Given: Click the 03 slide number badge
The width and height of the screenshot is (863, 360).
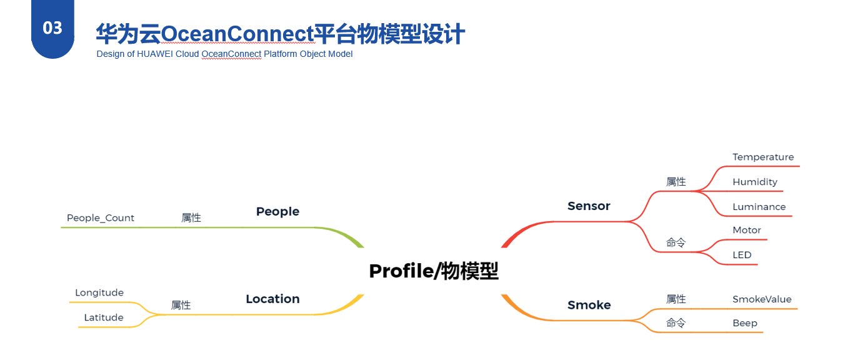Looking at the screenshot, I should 52,28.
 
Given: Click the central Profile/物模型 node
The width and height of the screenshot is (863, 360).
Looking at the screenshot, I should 434,271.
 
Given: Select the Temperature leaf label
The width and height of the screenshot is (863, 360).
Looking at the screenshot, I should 763,157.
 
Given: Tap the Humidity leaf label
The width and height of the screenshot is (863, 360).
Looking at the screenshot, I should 755,182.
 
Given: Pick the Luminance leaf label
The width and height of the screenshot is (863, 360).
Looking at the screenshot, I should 759,207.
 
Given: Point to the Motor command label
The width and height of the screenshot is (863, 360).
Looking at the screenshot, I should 747,230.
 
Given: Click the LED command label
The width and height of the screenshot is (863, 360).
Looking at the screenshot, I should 742,255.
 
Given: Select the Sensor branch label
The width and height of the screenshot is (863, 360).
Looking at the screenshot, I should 589,206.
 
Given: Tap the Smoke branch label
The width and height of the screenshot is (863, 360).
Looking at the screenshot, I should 589,305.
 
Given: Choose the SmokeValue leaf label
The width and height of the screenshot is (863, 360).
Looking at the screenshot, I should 762,299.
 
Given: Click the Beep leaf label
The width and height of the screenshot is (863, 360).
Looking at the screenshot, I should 745,323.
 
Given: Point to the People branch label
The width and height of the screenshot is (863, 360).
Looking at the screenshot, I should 277,211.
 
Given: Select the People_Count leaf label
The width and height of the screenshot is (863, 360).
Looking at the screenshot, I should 101,218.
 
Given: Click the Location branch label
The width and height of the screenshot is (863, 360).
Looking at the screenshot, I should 272,299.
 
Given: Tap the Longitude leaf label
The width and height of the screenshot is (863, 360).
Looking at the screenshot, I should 99,292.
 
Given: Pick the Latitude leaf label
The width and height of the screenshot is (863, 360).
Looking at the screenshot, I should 104,317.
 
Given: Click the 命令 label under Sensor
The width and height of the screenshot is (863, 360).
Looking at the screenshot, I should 676,242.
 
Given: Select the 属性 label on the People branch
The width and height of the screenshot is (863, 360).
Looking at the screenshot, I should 191,218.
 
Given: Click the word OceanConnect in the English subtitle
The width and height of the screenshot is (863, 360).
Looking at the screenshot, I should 231,54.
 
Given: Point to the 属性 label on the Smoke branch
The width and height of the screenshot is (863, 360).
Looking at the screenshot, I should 676,299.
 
